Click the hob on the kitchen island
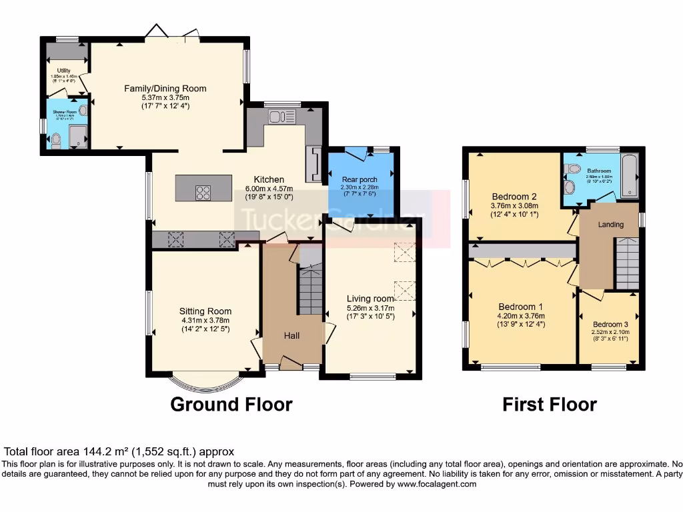point(203,192)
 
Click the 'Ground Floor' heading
point(231,404)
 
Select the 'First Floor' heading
point(549,404)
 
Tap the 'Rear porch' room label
point(360,179)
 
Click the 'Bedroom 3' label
point(610,324)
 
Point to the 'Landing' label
point(610,225)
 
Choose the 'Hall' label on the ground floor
point(291,335)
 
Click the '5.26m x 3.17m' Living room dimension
point(370,308)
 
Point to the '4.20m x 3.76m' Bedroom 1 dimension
point(520,316)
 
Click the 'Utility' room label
point(64,71)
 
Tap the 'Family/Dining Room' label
point(165,88)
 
